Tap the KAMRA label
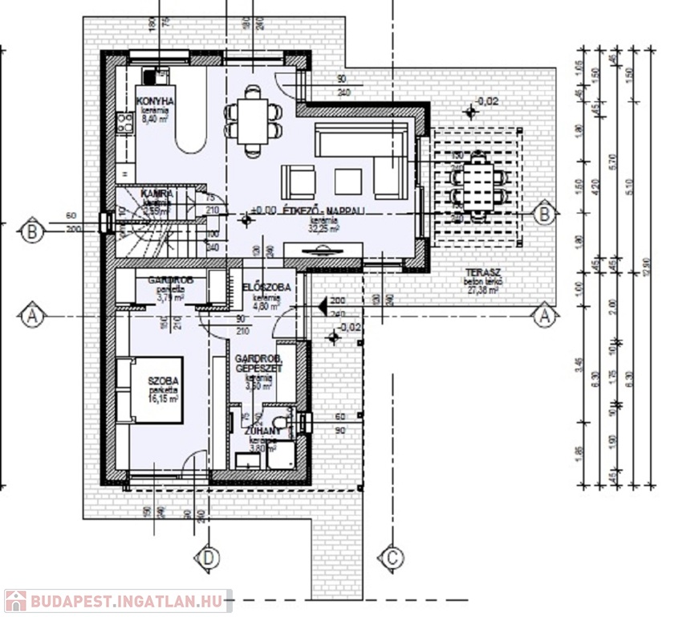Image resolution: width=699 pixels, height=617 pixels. coord(156,194)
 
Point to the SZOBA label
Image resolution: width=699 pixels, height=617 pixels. coord(162,380)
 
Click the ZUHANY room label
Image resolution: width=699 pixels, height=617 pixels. coord(262,431)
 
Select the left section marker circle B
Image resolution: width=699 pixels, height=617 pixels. coord(32,231)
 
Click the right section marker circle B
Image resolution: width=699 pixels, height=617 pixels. coord(545,214)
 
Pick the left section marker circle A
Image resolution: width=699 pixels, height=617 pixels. coord(32,316)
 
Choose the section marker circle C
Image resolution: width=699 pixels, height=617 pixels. coord(392,557)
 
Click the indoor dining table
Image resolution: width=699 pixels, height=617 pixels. coord(254,121)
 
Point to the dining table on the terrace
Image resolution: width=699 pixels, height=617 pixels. coord(479,186)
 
